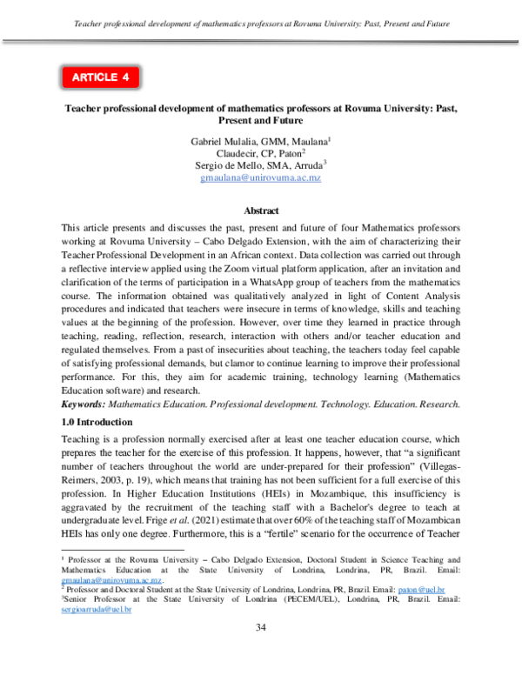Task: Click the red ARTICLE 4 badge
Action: click(99, 77)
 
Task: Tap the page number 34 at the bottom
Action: click(261, 652)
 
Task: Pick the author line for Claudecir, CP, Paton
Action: click(261, 152)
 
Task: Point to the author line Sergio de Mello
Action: click(261, 164)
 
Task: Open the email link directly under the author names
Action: click(261, 177)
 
